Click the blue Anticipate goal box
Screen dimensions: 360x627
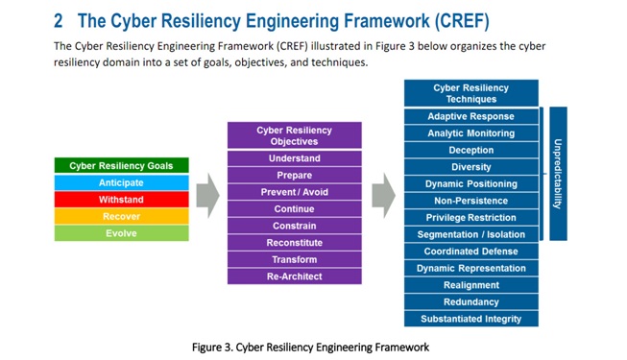pyautogui.click(x=120, y=182)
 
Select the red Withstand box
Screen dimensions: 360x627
pyautogui.click(x=120, y=200)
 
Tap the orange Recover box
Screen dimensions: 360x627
pyautogui.click(x=120, y=217)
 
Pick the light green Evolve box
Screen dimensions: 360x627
pyautogui.click(x=120, y=233)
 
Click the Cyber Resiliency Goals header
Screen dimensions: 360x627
pyautogui.click(x=120, y=166)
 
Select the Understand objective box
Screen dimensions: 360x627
pyautogui.click(x=294, y=158)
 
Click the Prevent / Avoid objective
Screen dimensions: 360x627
pyautogui.click(x=294, y=192)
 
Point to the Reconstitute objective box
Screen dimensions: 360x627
pyautogui.click(x=294, y=243)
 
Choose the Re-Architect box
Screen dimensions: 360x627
pyautogui.click(x=294, y=276)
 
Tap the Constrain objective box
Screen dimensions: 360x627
pyautogui.click(x=294, y=226)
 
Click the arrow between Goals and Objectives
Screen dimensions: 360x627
pyautogui.click(x=207, y=198)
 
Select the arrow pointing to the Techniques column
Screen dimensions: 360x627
pyautogui.click(x=383, y=190)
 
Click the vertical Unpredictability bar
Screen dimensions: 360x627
pyautogui.click(x=558, y=173)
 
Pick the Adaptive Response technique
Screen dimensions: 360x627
pyautogui.click(x=470, y=117)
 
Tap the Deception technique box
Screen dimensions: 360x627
pyautogui.click(x=470, y=151)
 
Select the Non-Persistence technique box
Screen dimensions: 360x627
pyautogui.click(x=470, y=201)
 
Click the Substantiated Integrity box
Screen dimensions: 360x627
pyautogui.click(x=470, y=319)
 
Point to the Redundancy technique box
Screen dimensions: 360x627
pyautogui.click(x=470, y=301)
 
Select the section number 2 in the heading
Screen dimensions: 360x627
pyautogui.click(x=59, y=19)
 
